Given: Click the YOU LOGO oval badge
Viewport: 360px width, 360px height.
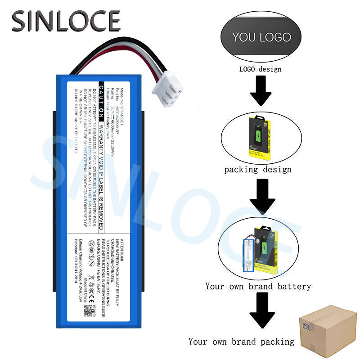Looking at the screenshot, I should tap(261, 37).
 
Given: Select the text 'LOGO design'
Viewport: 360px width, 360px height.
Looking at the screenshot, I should tap(260, 69).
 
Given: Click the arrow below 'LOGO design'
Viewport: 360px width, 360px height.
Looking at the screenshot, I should tap(261, 90).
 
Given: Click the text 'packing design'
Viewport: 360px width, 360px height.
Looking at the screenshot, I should tap(258, 170).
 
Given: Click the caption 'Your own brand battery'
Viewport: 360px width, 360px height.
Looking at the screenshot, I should tap(258, 286).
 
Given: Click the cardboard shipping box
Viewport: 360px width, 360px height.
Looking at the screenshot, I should tap(328, 332).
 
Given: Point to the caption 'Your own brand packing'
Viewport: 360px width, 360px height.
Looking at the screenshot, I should tap(241, 342).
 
